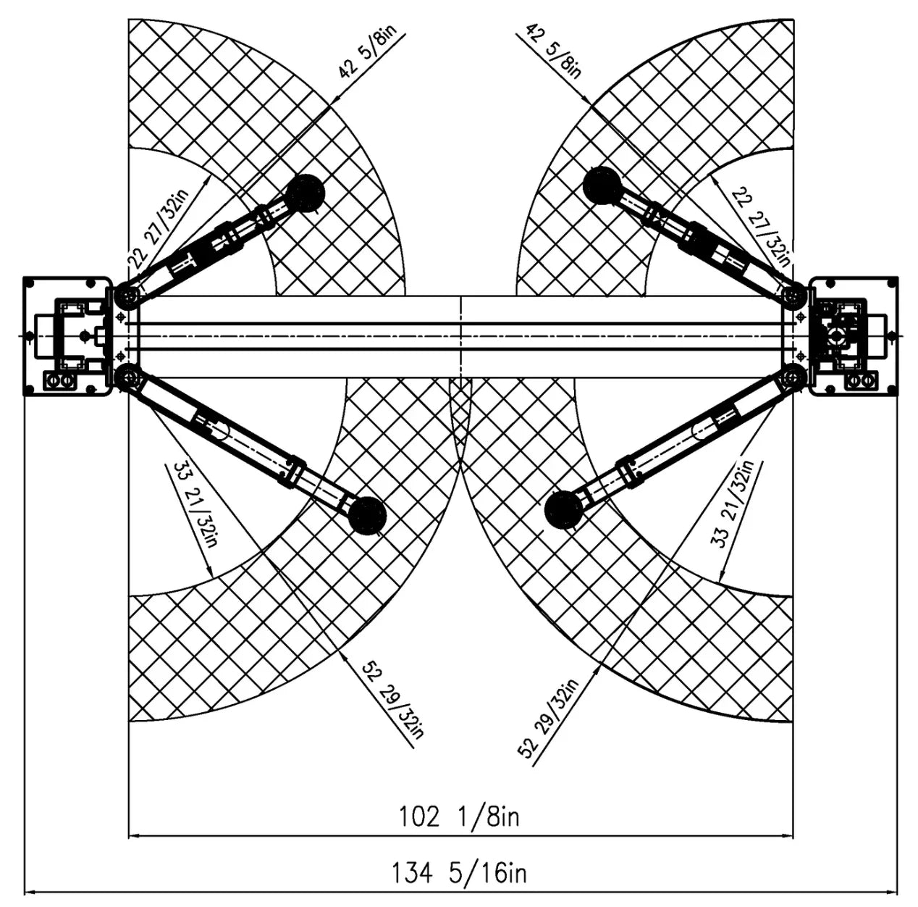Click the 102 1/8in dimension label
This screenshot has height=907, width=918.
[x=459, y=816]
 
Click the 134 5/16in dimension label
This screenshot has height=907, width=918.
[x=459, y=873]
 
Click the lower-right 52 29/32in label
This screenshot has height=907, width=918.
[x=548, y=719]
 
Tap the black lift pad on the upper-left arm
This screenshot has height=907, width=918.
[x=305, y=193]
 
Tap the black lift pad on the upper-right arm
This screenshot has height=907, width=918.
[x=602, y=185]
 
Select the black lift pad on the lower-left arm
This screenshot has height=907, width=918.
[x=367, y=516]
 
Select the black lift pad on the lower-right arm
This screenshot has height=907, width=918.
[x=563, y=510]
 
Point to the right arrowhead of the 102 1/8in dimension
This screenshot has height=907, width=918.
[x=787, y=835]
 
